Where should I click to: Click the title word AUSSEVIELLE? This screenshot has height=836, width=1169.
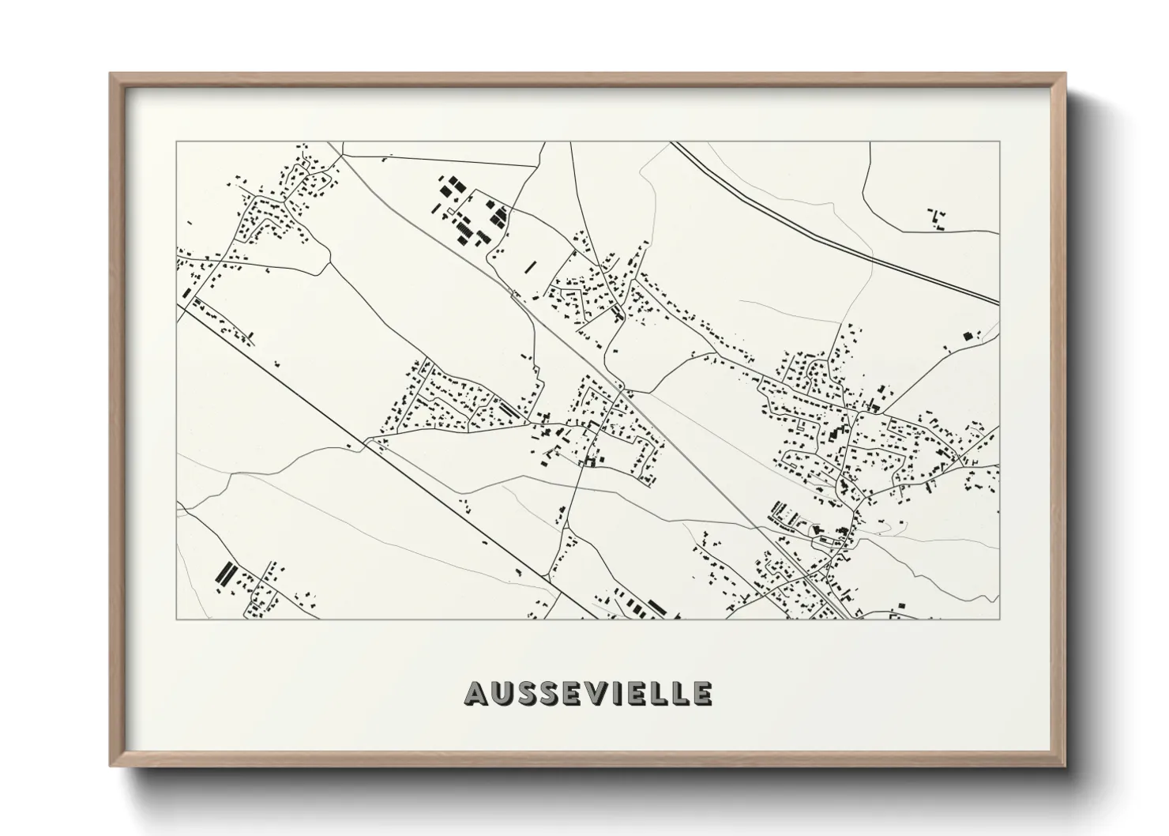588,693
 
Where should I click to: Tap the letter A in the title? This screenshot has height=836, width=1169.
476,693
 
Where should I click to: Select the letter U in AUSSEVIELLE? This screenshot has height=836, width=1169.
501,693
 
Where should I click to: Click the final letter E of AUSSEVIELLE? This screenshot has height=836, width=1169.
702,693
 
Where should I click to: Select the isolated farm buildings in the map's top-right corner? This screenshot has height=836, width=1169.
938,218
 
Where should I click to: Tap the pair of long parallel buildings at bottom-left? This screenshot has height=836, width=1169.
225,572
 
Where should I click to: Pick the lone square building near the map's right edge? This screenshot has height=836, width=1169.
966,336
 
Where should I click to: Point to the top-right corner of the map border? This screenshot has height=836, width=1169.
999,142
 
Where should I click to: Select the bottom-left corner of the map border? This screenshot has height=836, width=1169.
176,619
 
